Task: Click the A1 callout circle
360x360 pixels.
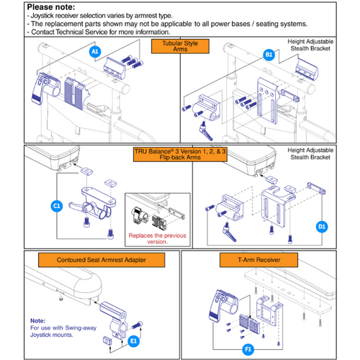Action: tap(94, 53)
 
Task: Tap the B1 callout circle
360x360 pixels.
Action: tap(269, 54)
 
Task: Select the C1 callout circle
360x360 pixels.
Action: tap(57, 206)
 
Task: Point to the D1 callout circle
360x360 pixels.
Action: tap(322, 227)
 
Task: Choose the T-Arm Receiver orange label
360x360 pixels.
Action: tap(270, 259)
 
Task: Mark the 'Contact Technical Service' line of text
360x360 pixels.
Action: tap(97, 32)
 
